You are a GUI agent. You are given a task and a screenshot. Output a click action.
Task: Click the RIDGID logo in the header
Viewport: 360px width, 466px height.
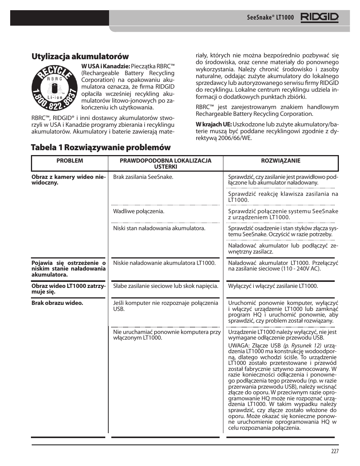pos(320,17)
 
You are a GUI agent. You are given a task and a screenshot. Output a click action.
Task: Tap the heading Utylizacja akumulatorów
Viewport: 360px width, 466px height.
pos(80,57)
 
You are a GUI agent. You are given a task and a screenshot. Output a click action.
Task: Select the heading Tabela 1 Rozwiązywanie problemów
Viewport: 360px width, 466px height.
pos(101,147)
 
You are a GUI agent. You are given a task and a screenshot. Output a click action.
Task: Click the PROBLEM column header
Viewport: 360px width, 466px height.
pos(69,161)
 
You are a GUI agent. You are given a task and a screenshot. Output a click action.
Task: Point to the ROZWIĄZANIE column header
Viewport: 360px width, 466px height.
pos(281,161)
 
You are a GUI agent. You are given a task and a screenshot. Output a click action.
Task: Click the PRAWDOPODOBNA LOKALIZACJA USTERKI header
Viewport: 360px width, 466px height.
pos(165,163)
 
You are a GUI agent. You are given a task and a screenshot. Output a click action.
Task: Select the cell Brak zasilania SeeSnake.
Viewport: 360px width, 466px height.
pos(143,177)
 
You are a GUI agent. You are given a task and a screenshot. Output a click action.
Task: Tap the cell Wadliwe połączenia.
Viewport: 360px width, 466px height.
pos(138,211)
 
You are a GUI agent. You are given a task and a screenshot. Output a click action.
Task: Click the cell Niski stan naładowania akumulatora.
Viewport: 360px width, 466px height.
pos(159,228)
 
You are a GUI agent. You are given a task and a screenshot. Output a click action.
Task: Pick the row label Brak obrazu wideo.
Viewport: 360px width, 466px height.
pos(57,303)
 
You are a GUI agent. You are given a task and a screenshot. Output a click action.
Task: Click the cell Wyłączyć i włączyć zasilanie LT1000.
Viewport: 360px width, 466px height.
pos(273,286)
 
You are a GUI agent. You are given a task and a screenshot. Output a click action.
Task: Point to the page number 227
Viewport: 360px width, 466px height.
pos(335,451)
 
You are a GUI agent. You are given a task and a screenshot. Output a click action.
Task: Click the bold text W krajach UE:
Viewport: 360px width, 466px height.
pos(213,125)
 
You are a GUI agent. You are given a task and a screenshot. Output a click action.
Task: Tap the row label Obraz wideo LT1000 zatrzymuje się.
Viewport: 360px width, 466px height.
pos(68,289)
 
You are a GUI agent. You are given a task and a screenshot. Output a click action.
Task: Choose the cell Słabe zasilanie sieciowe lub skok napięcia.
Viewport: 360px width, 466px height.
pos(165,286)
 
